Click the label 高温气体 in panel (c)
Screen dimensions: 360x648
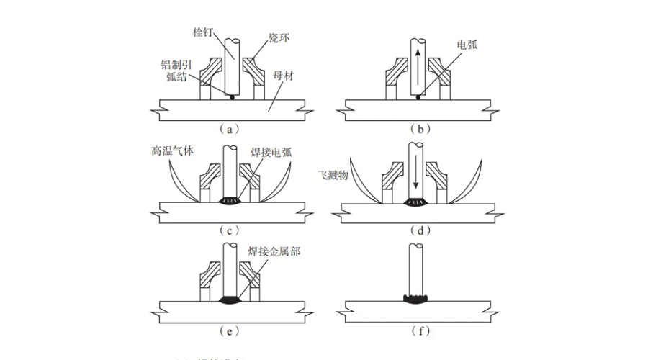pyautogui.click(x=171, y=151)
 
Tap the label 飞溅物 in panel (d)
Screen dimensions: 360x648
pyautogui.click(x=333, y=175)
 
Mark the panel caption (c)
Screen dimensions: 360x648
pyautogui.click(x=228, y=231)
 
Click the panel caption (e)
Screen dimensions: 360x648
pyautogui.click(x=228, y=331)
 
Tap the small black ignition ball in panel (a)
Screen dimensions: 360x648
pyautogui.click(x=232, y=97)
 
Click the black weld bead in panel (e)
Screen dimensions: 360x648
pyautogui.click(x=232, y=299)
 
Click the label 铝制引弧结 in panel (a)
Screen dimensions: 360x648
pyautogui.click(x=177, y=69)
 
